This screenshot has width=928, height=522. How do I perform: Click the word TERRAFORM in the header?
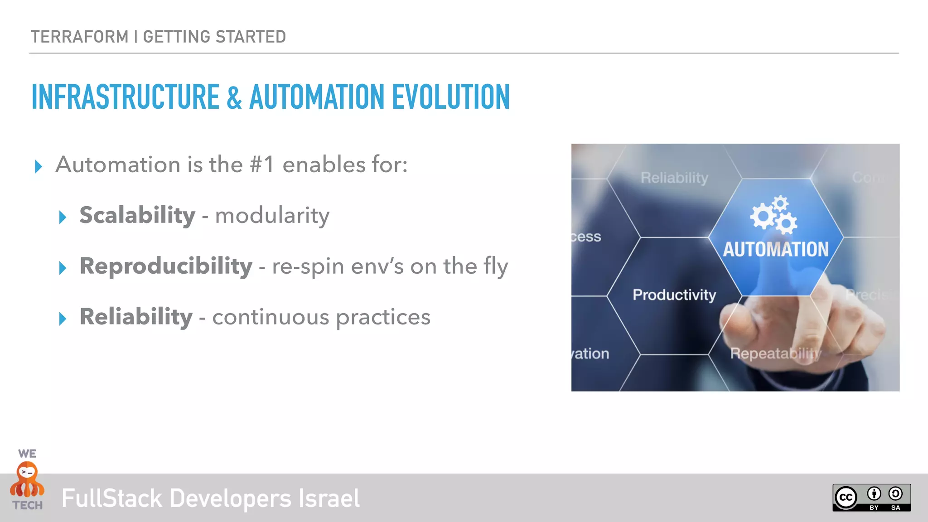80,37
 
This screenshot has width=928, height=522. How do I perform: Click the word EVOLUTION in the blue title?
451,97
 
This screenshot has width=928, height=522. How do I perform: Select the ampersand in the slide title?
234,97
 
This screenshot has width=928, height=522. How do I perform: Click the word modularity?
272,216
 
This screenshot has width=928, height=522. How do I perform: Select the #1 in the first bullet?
261,164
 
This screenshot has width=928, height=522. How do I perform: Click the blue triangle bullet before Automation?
39,166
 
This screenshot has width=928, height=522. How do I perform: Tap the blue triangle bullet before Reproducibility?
63,268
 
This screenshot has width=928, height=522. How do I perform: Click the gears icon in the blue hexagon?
774,215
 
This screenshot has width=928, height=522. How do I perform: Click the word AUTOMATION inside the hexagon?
775,249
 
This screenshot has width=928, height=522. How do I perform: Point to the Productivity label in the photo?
674,295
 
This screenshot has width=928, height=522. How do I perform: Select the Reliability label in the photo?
674,178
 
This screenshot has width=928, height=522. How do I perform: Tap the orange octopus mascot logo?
27,480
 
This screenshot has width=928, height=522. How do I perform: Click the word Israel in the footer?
329,498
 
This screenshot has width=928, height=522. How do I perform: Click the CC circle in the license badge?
846,498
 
